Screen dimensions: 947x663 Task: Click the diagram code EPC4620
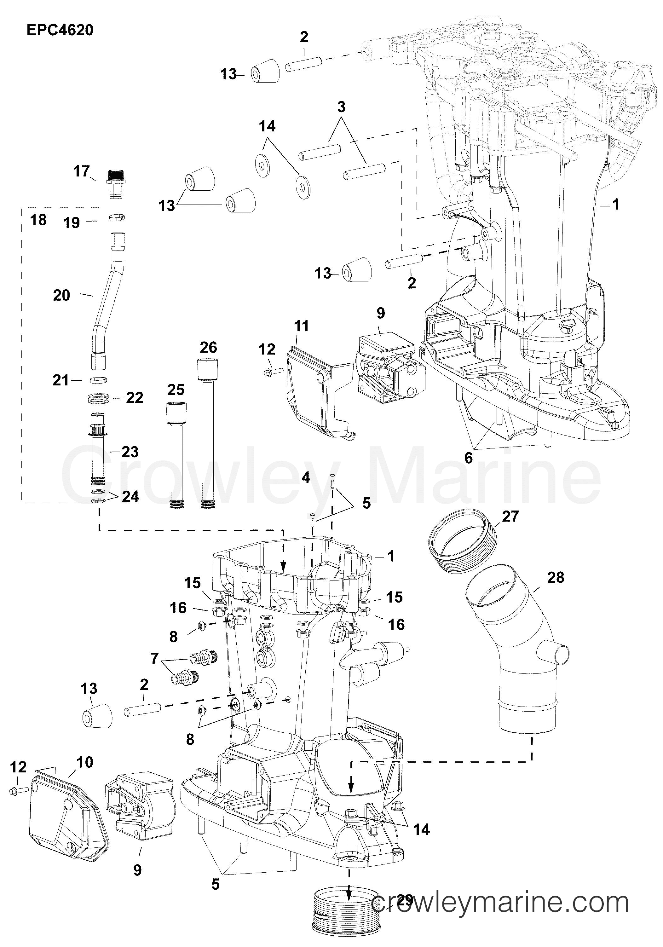60,30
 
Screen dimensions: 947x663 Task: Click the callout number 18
38,220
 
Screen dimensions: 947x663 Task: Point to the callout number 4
306,478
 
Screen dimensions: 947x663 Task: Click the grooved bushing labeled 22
99,399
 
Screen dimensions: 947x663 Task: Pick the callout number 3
341,107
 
